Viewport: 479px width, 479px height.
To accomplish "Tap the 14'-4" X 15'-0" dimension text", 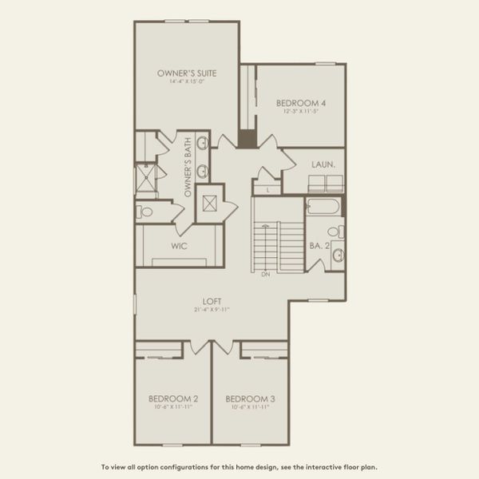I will point(187,81).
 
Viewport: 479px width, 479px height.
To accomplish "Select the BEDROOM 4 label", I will point(301,103).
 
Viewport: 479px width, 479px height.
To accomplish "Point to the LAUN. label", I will point(323,164).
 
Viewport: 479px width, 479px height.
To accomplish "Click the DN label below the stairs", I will point(265,274).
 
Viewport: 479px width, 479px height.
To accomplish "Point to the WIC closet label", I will point(179,246).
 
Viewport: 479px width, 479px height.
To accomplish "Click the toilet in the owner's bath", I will point(144,212).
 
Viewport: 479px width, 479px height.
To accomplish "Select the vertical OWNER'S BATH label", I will point(188,168).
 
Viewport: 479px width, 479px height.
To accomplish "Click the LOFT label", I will point(211,301).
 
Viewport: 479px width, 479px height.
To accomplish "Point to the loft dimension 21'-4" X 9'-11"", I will point(211,309).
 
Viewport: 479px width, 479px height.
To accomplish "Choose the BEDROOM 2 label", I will point(173,398).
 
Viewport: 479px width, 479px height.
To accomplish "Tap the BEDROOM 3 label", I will point(250,398).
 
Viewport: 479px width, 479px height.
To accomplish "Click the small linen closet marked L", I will point(267,190).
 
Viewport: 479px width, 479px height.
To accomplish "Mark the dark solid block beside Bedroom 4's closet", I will point(247,137).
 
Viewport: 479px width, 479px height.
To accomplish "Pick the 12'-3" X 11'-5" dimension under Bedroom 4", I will point(301,111).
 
